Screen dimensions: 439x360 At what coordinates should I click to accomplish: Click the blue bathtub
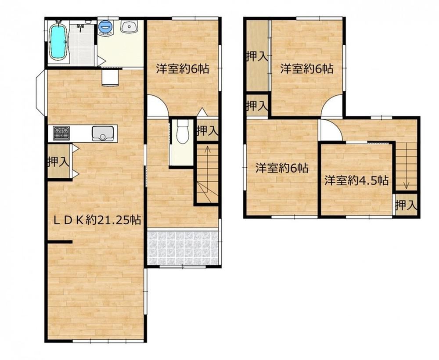pos(58,42)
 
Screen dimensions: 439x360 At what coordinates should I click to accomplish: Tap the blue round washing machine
pos(106,27)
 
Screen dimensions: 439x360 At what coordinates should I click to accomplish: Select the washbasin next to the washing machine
pos(129,27)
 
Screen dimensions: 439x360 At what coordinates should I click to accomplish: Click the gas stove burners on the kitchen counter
pos(61,133)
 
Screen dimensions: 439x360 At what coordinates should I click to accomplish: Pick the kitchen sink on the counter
pos(103,133)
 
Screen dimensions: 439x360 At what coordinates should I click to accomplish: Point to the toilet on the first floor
pos(182,132)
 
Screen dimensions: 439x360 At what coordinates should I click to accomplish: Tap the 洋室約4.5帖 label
pos(356,180)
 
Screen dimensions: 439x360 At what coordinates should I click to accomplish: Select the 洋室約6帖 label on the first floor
pos(183,68)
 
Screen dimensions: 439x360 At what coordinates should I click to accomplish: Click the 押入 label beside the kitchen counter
pos(58,162)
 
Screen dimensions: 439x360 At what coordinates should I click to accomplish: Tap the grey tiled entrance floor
pos(183,248)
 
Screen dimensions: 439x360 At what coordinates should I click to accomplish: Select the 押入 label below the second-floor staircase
pos(406,206)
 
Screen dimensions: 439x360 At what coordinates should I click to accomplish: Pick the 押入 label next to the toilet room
pos(208,130)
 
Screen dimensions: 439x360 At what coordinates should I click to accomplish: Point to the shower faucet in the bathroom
pos(81,27)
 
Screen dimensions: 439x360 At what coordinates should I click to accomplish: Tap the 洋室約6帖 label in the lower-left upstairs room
pos(282,168)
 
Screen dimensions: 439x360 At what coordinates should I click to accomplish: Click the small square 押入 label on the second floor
pos(257,106)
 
